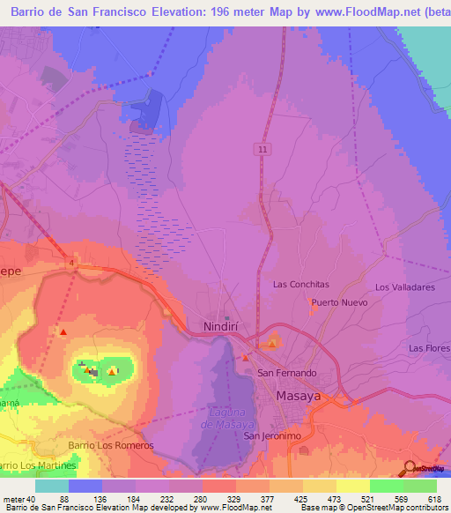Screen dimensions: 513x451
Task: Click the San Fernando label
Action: [x=286, y=373]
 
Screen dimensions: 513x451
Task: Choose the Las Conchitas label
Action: [x=300, y=285]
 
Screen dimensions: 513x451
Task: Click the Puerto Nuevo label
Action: [x=336, y=302]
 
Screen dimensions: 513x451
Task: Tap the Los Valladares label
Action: [x=405, y=287]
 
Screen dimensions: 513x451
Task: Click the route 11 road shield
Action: [x=262, y=150]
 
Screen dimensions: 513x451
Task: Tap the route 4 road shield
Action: [x=70, y=261]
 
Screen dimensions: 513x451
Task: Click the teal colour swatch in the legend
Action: [x=52, y=486]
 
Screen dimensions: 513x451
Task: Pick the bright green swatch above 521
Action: [x=386, y=486]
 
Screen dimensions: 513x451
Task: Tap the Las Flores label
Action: [x=429, y=348]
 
